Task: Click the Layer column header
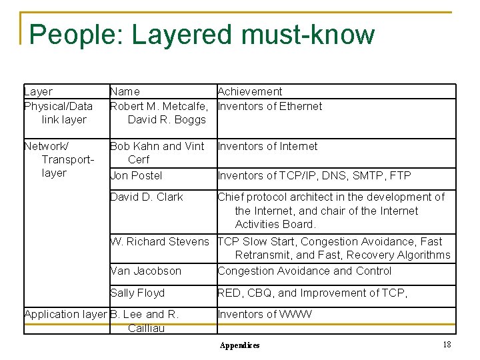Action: click(38, 91)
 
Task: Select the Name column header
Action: click(125, 91)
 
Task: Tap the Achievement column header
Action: click(250, 91)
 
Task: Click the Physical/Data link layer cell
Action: click(58, 113)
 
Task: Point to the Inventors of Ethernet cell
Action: click(270, 106)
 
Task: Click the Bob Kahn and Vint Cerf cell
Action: click(157, 153)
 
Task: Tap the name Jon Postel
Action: click(136, 175)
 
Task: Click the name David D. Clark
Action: click(146, 197)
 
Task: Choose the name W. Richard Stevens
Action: click(159, 241)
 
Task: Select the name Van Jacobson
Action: click(145, 271)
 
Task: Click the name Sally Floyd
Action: click(137, 293)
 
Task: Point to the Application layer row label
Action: click(65, 314)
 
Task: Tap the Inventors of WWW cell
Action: click(264, 314)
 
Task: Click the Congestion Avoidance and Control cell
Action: click(305, 271)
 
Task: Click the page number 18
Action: click(447, 344)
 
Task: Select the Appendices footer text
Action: click(240, 345)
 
